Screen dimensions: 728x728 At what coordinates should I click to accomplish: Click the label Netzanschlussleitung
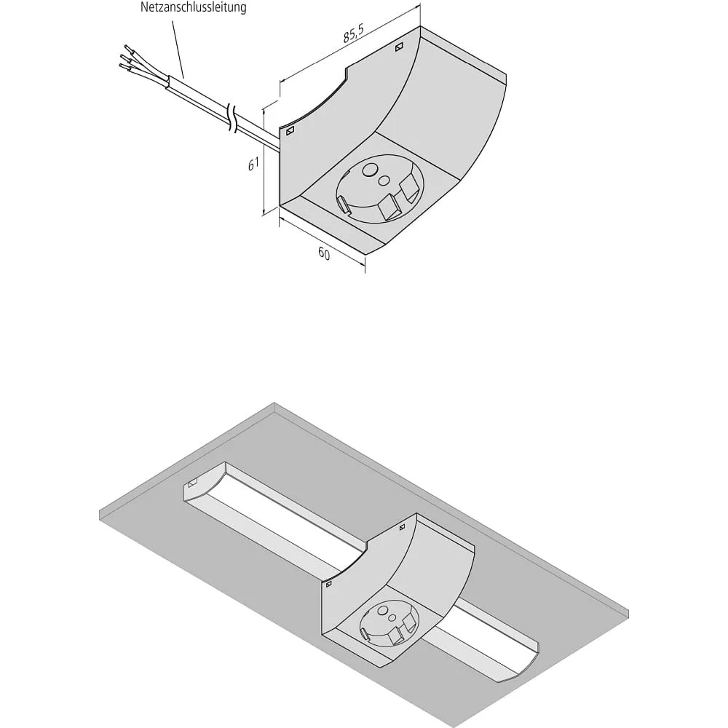pos(193,7)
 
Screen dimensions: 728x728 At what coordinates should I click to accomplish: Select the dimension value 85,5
pos(354,33)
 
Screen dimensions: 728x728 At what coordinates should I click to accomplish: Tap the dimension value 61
pos(253,164)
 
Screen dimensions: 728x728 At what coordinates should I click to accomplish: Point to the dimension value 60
pos(324,253)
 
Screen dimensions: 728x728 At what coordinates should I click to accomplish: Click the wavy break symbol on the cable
pos(232,119)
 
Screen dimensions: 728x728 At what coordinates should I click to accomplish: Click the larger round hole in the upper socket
pos(371,170)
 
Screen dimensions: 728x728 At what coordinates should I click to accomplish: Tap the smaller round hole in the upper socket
pos(384,180)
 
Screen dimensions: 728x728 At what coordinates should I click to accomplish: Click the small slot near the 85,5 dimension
pos(399,47)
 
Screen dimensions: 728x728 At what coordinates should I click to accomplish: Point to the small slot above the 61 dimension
pos(290,131)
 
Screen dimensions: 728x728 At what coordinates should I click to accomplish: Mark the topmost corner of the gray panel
pos(274,403)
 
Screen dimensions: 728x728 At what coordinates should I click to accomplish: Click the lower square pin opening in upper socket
pos(389,207)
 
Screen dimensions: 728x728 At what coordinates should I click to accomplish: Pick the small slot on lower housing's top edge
pos(402,527)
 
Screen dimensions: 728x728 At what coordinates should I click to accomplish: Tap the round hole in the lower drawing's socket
pos(384,612)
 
